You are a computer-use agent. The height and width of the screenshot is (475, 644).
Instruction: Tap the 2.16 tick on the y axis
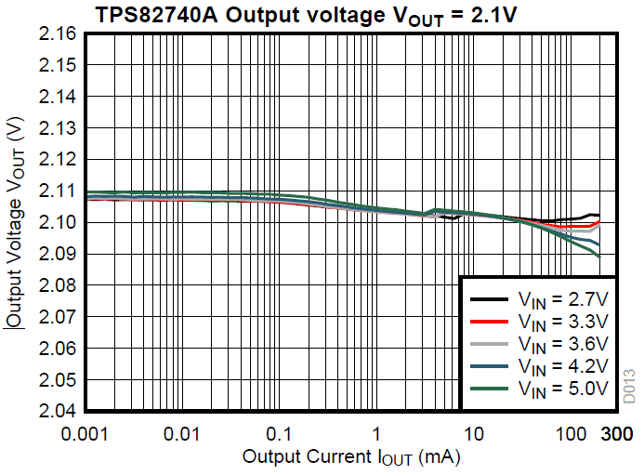[x=57, y=34]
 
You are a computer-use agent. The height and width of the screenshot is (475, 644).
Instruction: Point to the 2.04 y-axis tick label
[x=57, y=411]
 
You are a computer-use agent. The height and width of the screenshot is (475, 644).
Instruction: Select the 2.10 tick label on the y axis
[x=57, y=222]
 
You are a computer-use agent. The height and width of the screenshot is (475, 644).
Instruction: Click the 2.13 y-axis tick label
[x=57, y=128]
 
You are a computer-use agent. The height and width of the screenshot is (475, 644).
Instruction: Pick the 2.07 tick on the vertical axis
[x=57, y=317]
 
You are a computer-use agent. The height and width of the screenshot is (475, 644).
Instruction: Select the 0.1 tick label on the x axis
[x=280, y=433]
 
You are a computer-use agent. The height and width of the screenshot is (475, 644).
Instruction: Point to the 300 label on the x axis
[x=617, y=433]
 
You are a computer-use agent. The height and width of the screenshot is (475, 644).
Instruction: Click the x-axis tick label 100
[x=570, y=433]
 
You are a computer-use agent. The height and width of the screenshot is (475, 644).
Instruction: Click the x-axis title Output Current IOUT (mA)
[x=351, y=457]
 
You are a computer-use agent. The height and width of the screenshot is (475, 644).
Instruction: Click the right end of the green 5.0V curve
[x=599, y=256]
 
